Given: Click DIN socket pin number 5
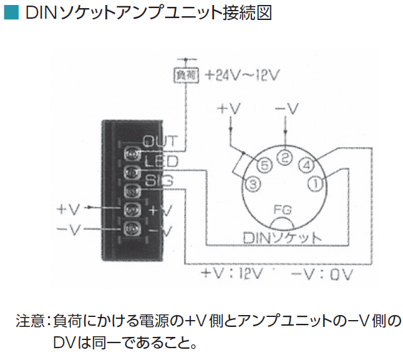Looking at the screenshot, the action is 265,165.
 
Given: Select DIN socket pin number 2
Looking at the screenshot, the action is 284,157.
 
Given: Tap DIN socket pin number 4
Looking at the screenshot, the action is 306,165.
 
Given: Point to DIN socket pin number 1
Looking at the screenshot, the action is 316,183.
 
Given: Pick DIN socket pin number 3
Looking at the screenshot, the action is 253,184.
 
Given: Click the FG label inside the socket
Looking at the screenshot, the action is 283,210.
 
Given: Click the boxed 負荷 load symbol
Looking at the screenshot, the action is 186,75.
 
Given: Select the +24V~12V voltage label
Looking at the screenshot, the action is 242,75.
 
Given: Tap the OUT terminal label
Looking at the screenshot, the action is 160,141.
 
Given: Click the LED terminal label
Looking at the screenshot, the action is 162,162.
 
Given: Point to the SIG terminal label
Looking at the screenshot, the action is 159,180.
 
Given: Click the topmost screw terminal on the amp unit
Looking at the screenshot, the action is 132,153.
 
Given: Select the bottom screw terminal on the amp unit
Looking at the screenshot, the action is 132,228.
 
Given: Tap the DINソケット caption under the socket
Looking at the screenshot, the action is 282,238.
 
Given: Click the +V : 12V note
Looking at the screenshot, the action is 232,274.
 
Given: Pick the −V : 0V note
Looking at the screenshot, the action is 322,274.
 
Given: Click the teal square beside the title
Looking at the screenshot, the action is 12,12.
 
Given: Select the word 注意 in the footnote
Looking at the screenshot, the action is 31,321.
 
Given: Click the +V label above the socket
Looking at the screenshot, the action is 228,109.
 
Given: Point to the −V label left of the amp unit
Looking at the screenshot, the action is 69,230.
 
